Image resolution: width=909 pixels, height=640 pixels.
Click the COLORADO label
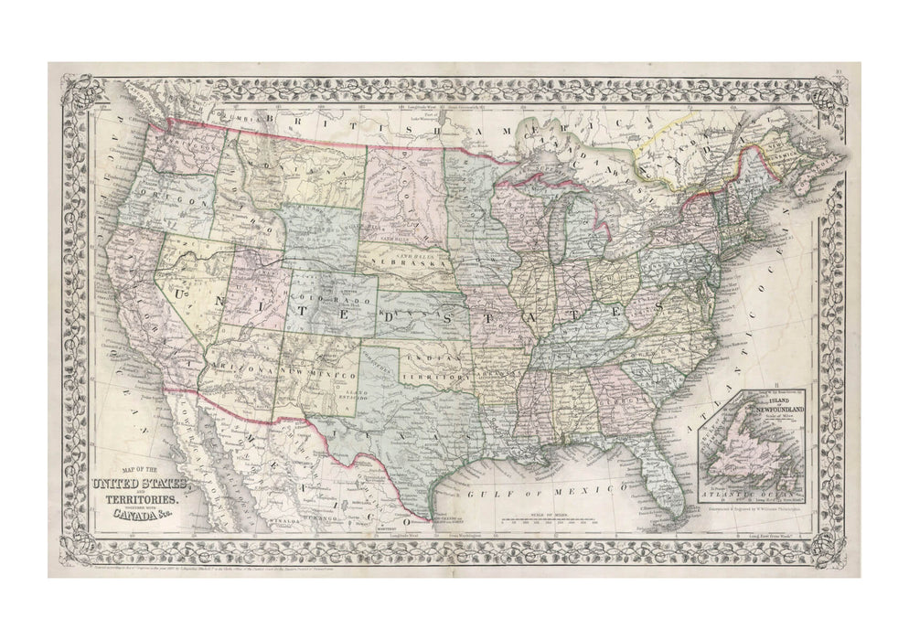point(333,298)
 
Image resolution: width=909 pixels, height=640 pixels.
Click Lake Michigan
point(555,229)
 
